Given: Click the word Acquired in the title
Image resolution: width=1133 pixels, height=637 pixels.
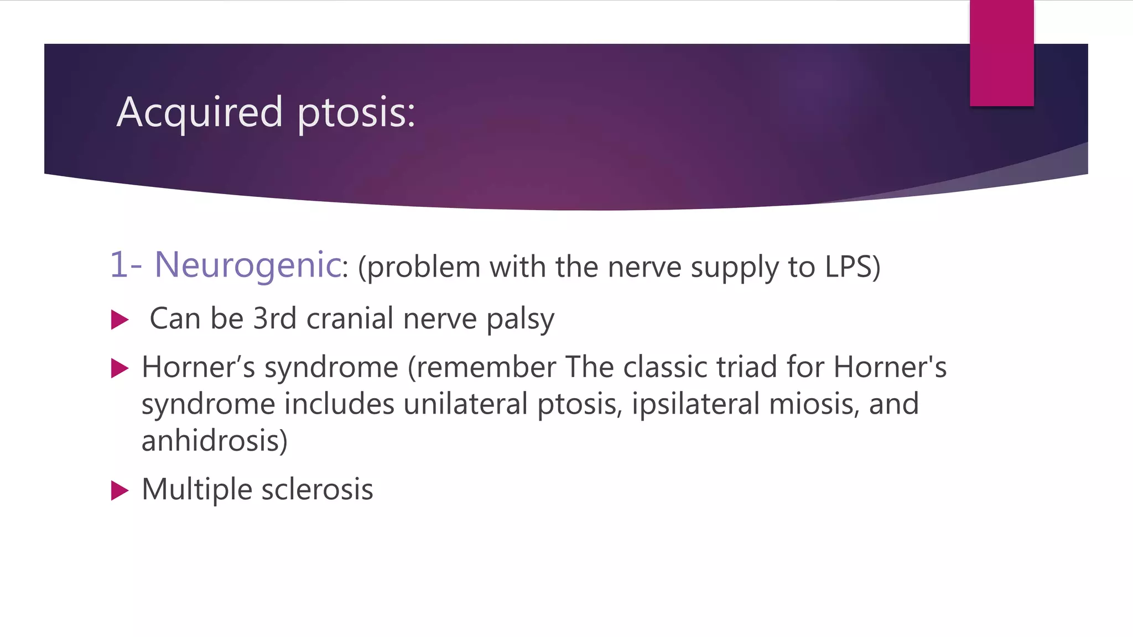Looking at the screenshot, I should (200, 112).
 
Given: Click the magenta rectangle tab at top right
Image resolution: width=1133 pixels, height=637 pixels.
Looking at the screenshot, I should (1001, 53).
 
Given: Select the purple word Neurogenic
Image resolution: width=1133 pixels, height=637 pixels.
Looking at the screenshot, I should (247, 264).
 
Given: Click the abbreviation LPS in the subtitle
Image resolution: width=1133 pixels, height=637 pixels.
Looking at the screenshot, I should (847, 267).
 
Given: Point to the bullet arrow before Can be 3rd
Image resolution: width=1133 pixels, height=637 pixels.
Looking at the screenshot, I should (119, 320).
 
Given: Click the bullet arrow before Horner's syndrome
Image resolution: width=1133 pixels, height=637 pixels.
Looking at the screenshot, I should (119, 368).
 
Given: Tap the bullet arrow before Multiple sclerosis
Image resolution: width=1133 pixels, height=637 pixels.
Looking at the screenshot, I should (119, 490).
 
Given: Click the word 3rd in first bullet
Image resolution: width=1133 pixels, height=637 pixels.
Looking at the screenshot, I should (274, 318).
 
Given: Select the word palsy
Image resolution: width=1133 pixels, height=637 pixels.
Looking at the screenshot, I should (520, 320).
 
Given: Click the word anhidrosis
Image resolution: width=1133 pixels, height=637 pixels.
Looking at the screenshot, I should (214, 441).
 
